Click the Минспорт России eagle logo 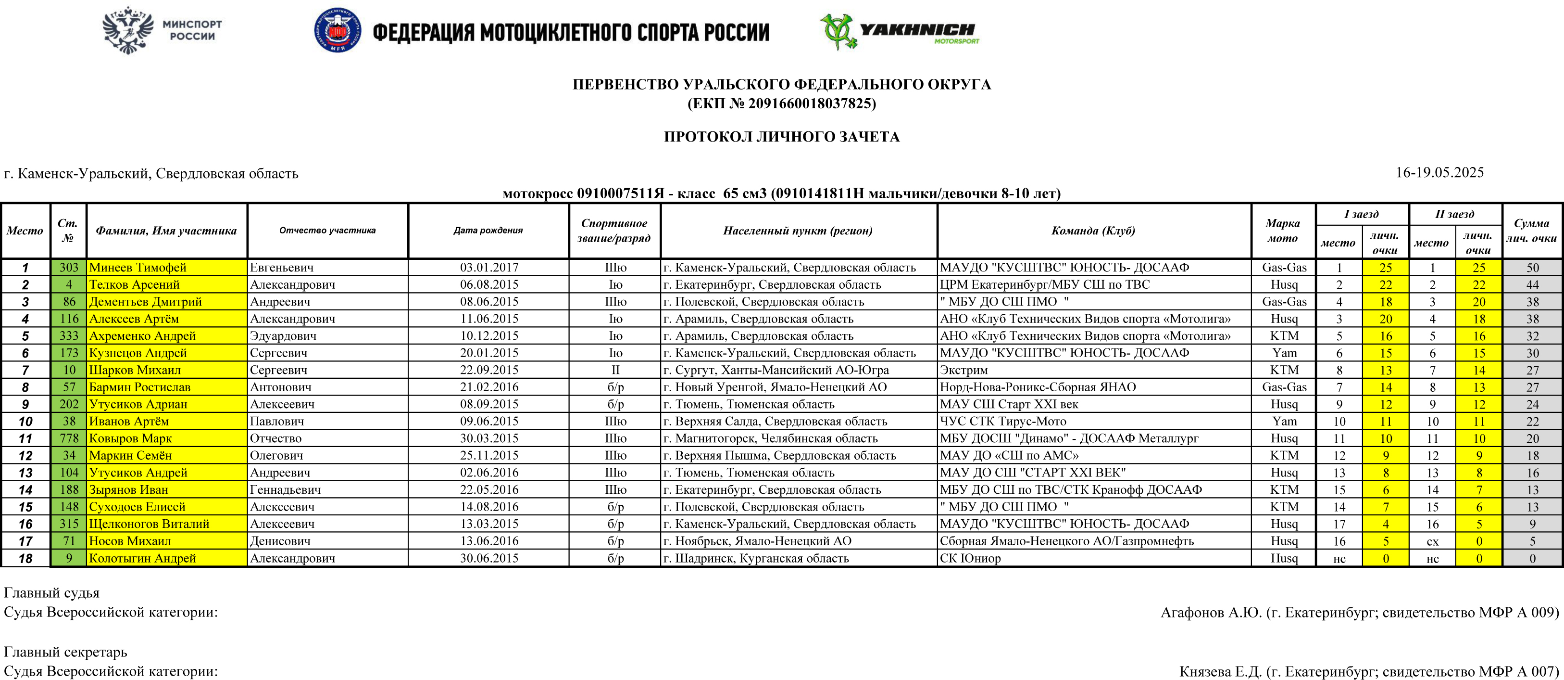point(127,30)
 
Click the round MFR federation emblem point(338,30)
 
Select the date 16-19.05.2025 point(1439,173)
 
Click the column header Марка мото point(1283,231)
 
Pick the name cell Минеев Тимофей point(138,268)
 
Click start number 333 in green point(69,336)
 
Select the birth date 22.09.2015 point(489,370)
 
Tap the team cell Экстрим point(963,370)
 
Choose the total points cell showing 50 point(1532,268)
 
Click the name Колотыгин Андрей point(143,558)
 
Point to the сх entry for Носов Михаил point(1432,541)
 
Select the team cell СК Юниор point(970,558)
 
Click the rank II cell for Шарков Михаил point(615,370)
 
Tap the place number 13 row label point(25,473)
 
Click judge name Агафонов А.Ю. point(1211,613)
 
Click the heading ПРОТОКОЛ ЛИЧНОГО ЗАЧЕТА point(781,137)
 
